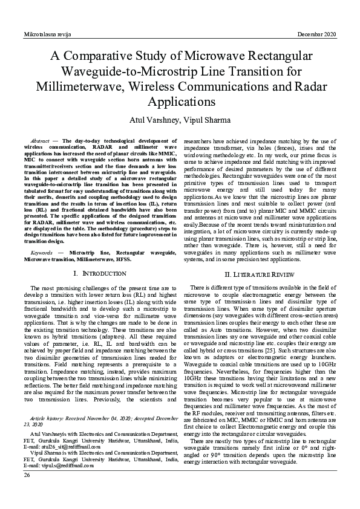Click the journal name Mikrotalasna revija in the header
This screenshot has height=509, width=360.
[46, 35]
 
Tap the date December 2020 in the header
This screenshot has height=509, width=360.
[317, 35]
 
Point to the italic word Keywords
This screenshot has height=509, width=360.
[43, 251]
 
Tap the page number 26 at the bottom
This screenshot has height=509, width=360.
[27, 475]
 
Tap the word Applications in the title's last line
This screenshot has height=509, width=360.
[180, 100]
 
